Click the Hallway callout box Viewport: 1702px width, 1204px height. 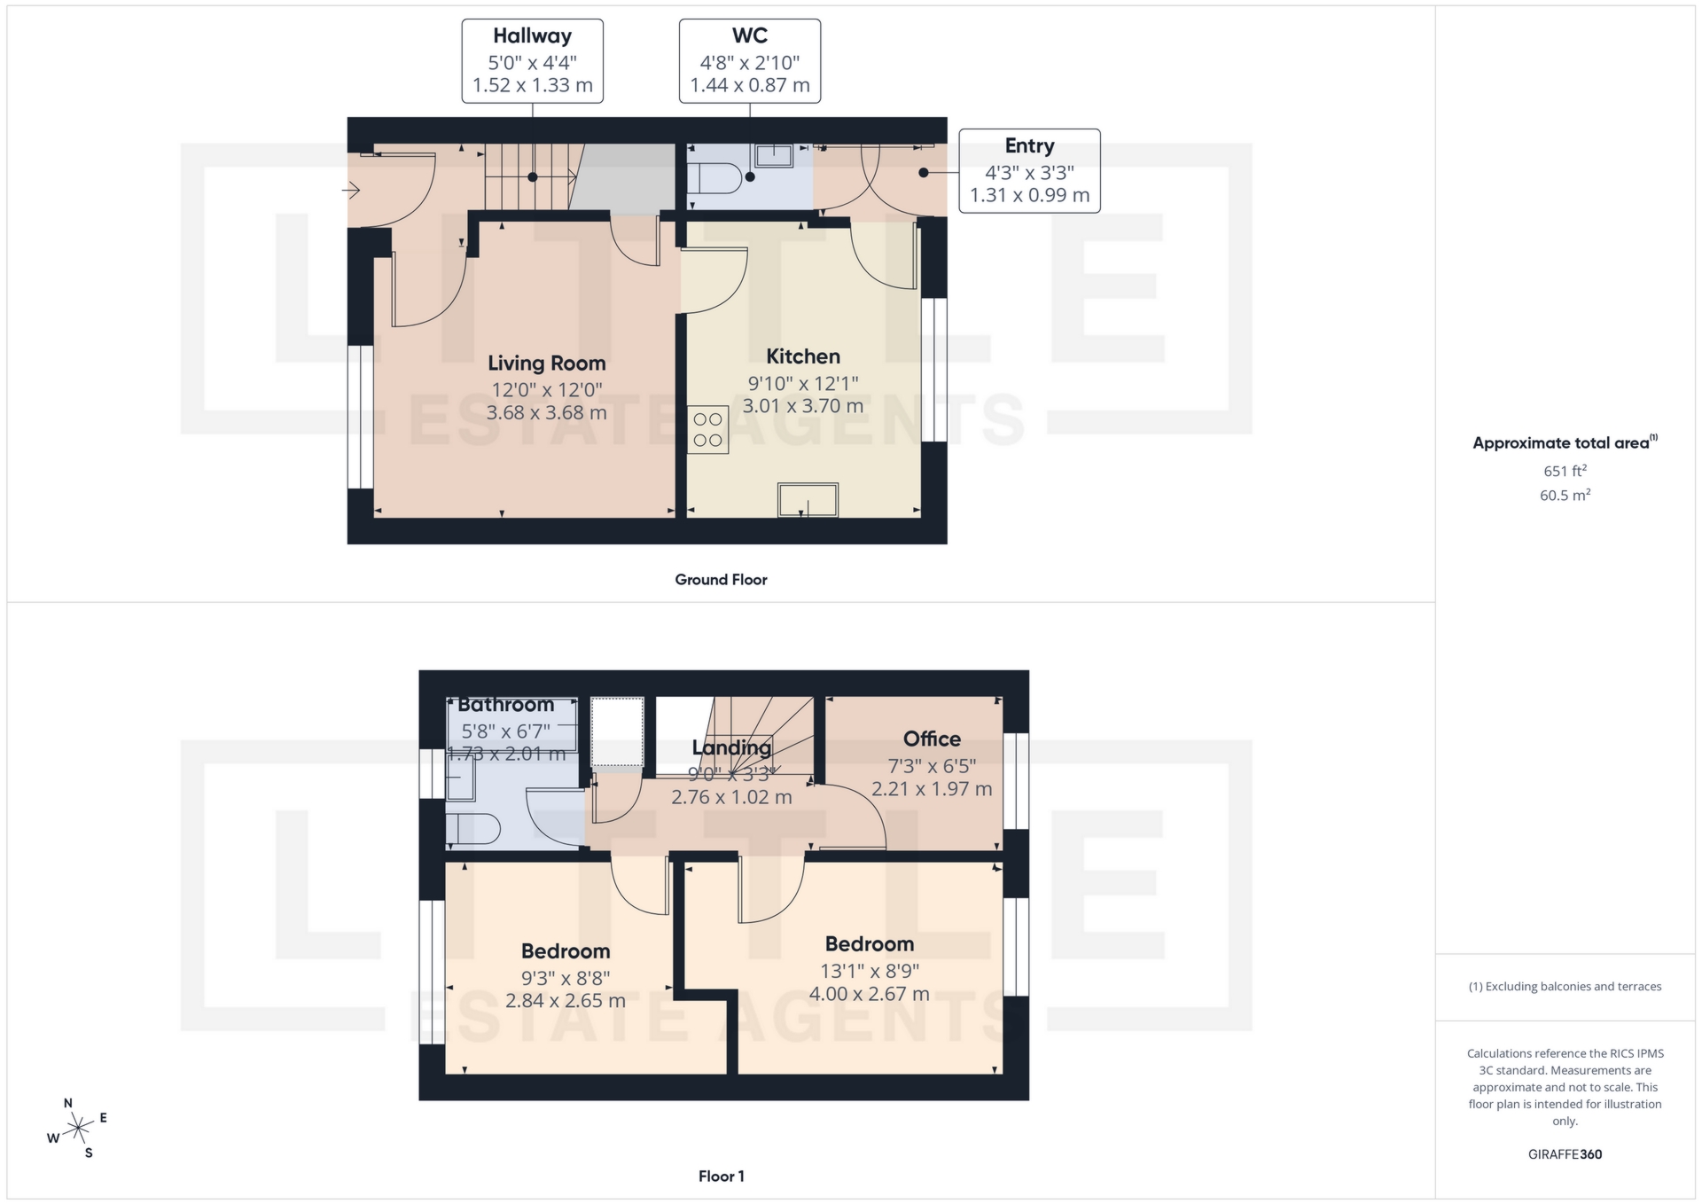pyautogui.click(x=532, y=61)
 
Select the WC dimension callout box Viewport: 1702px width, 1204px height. pyautogui.click(x=749, y=61)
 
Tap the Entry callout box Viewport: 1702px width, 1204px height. pyautogui.click(x=1029, y=171)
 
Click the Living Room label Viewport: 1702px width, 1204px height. pyautogui.click(x=546, y=364)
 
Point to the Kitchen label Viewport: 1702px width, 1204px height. pyautogui.click(x=802, y=356)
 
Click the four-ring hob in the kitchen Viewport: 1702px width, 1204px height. pyautogui.click(x=707, y=430)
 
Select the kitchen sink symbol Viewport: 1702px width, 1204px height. pyautogui.click(x=808, y=499)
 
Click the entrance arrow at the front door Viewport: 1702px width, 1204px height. pyautogui.click(x=351, y=190)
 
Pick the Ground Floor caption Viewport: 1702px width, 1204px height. pyautogui.click(x=721, y=580)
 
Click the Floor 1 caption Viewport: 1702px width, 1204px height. pyautogui.click(x=721, y=1177)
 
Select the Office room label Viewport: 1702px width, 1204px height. pyautogui.click(x=932, y=739)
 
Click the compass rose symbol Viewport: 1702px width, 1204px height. pyautogui.click(x=79, y=1129)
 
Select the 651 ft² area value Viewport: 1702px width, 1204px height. pyautogui.click(x=1565, y=472)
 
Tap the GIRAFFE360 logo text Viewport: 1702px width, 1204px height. pyautogui.click(x=1565, y=1154)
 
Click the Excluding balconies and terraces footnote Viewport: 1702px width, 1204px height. pyautogui.click(x=1565, y=987)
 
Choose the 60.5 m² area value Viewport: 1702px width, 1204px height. pyautogui.click(x=1565, y=496)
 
